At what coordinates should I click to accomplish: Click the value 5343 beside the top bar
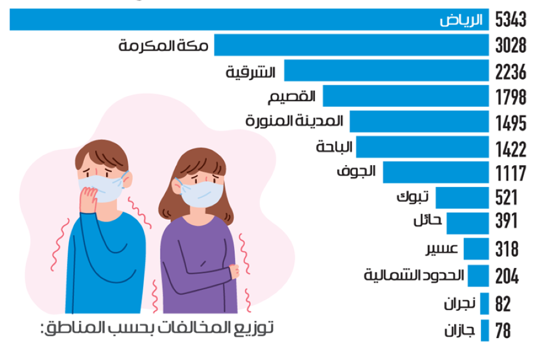511,20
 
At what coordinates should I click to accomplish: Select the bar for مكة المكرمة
351,46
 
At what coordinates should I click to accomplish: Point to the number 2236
511,72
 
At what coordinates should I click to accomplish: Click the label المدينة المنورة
295,121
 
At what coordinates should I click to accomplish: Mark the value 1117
511,173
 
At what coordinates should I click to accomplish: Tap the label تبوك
413,197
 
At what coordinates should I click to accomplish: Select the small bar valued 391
467,223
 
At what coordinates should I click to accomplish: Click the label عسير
442,248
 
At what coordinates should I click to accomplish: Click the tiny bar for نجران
484,304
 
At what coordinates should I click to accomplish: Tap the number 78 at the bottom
503,330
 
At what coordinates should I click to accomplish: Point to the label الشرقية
251,72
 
